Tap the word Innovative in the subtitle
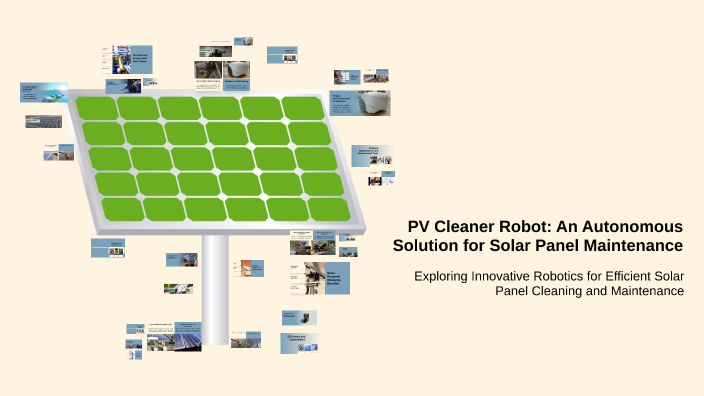point(505,275)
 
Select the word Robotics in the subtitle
point(568,275)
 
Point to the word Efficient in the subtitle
point(645,275)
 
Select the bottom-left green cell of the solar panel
point(123,209)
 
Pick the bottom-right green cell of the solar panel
point(328,208)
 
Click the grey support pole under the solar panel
point(215,290)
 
